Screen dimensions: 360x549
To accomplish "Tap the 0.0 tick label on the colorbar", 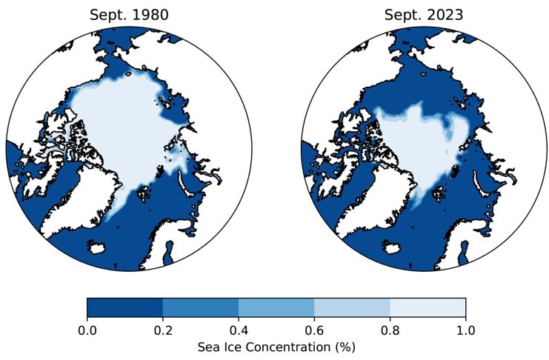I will pyautogui.click(x=87, y=330).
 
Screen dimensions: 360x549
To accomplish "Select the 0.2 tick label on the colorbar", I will pyautogui.click(x=162, y=330).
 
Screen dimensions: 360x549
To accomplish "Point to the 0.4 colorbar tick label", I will pyautogui.click(x=239, y=330).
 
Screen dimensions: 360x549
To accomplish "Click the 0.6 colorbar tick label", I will pyautogui.click(x=314, y=330).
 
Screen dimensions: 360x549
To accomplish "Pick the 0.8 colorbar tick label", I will pyautogui.click(x=390, y=330).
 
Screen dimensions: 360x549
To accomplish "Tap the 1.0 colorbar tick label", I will pyautogui.click(x=465, y=330).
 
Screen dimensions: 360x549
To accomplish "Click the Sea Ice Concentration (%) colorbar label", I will pyautogui.click(x=276, y=346).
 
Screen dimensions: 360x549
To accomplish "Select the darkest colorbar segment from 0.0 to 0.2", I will pyautogui.click(x=124, y=307).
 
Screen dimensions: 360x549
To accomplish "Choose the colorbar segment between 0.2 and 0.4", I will pyautogui.click(x=200, y=307).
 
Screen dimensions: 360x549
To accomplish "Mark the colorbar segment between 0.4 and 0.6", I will pyautogui.click(x=276, y=307).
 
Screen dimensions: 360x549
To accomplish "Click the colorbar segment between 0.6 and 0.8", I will pyautogui.click(x=352, y=307).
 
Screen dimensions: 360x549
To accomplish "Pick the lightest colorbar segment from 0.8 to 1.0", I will pyautogui.click(x=427, y=307).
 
